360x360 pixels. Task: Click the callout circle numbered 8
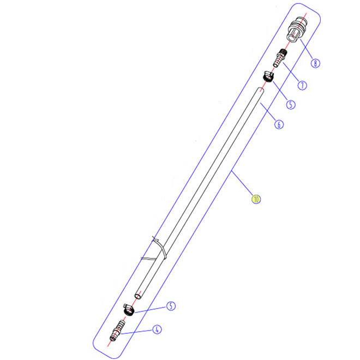[x=315, y=63]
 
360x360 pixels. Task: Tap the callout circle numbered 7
[x=302, y=86]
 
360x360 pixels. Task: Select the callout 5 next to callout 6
[x=291, y=105]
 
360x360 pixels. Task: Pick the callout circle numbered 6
[x=279, y=124]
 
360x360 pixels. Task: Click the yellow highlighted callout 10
[x=256, y=199]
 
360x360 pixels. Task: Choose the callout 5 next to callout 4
[x=171, y=306]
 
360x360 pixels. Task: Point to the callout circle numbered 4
[x=157, y=329]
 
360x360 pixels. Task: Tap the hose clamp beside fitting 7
[x=268, y=76]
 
